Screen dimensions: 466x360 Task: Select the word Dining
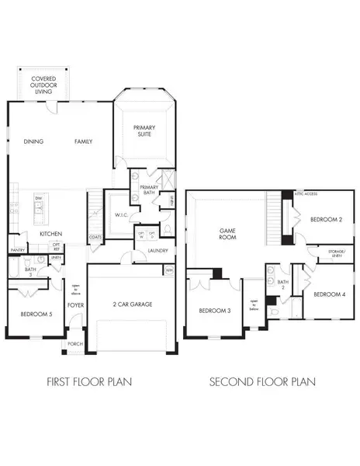click(34, 141)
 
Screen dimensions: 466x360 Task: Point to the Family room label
click(84, 141)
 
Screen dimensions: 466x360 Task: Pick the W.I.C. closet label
click(120, 215)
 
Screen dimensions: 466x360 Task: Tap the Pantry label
click(18, 250)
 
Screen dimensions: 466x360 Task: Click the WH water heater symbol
click(169, 270)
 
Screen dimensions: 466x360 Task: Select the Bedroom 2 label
click(326, 220)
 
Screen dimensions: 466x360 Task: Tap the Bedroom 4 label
click(329, 295)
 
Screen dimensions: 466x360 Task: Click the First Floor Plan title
click(88, 381)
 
